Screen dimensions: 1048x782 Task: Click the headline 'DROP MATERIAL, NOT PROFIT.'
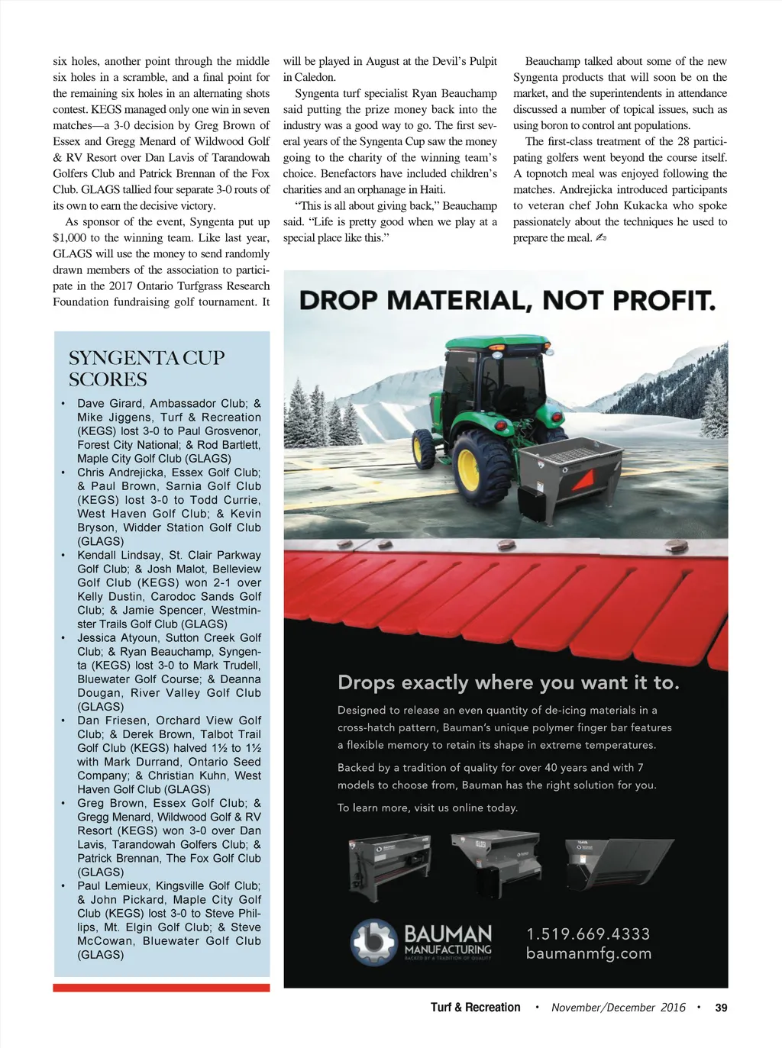tap(507, 300)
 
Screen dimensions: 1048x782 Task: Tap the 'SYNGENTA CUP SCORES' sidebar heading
tap(147, 369)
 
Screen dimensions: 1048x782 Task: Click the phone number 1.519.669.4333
tap(588, 934)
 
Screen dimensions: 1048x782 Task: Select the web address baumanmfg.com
tap(588, 953)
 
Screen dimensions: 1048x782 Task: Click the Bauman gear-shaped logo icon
tap(373, 941)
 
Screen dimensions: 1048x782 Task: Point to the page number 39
tap(721, 1008)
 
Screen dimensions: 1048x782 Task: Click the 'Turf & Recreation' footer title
tap(475, 1008)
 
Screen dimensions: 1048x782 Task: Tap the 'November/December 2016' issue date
tap(618, 1008)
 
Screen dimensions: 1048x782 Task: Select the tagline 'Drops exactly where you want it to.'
tap(508, 682)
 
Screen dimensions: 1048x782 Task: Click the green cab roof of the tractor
tap(496, 343)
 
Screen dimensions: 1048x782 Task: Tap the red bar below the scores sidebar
tap(161, 988)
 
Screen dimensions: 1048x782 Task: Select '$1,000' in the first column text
tap(69, 238)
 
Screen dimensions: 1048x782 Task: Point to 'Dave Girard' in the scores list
tap(110, 404)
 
